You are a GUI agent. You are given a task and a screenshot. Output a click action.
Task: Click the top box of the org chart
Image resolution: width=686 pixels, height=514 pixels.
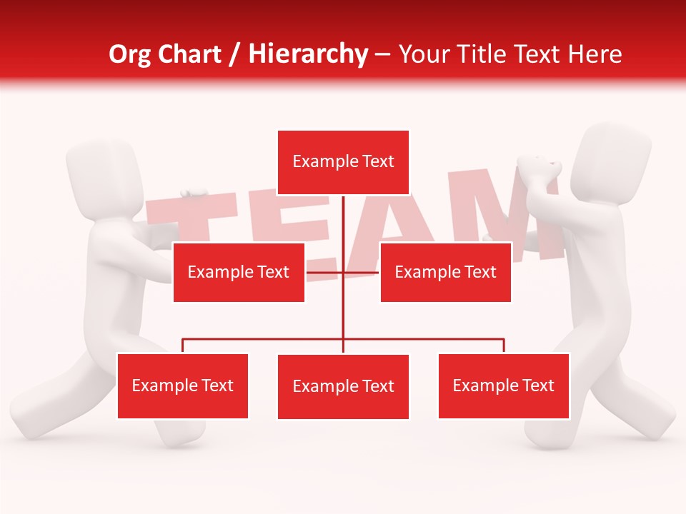343,162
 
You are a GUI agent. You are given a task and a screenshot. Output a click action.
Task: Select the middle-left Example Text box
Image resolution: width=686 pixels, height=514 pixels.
239,272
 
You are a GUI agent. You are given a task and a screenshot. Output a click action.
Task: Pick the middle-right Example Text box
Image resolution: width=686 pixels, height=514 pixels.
445,272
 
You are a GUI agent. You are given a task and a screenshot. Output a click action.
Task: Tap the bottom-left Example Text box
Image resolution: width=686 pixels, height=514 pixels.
183,386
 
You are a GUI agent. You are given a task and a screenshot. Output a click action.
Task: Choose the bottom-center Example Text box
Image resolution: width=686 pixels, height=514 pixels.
343,387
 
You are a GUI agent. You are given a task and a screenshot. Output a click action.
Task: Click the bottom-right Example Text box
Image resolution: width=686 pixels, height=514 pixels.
503,386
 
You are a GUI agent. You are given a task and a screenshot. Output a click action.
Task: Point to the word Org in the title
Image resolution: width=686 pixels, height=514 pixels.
130,54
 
